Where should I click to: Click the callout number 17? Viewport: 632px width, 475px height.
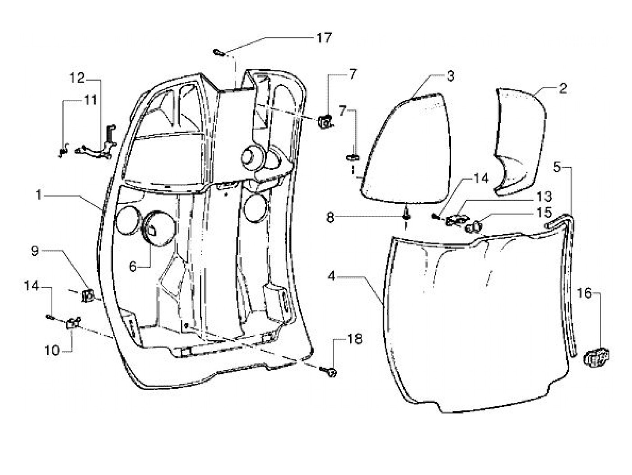324,37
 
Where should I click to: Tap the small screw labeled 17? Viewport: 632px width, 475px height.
218,53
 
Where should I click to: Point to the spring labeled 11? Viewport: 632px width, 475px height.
64,150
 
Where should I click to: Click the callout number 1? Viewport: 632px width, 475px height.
39,195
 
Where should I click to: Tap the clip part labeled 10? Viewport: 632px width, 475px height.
73,323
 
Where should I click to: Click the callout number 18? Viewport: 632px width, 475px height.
355,339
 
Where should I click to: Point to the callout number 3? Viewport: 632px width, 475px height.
450,76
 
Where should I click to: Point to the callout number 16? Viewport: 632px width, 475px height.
584,293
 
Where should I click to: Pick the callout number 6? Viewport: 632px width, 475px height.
132,266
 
